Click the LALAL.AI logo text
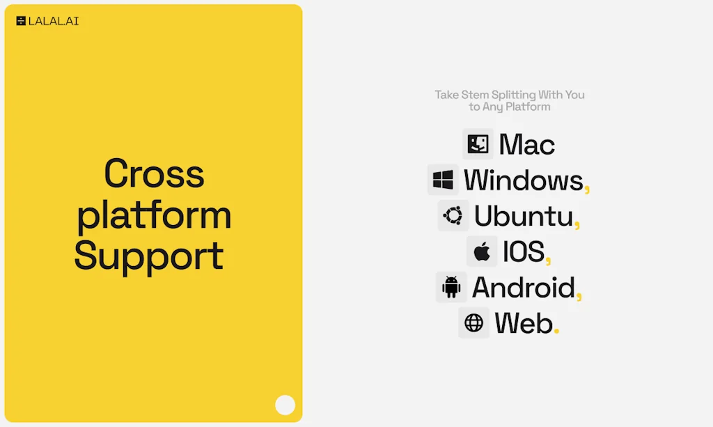(x=53, y=21)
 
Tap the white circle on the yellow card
(x=285, y=405)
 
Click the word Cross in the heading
(x=154, y=173)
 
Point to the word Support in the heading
(x=149, y=255)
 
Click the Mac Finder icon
(x=478, y=143)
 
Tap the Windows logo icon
(x=443, y=180)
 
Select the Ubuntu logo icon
(x=453, y=215)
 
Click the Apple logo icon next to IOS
(x=482, y=251)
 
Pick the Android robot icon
(x=451, y=287)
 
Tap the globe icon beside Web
(x=473, y=323)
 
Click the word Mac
(x=526, y=145)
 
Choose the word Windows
(x=523, y=180)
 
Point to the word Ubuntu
(x=524, y=215)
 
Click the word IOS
(x=524, y=251)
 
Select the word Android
(x=524, y=288)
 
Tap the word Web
(x=524, y=323)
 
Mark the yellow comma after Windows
(x=587, y=187)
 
